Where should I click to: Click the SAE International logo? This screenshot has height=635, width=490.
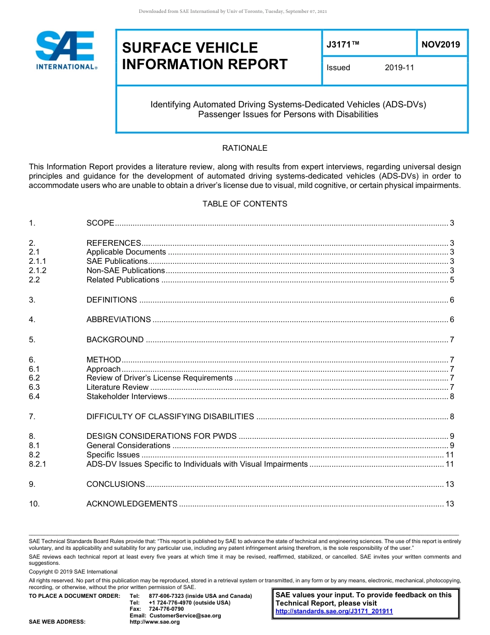pyautogui.click(x=66, y=51)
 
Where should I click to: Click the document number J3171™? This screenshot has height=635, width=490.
pyautogui.click(x=342, y=45)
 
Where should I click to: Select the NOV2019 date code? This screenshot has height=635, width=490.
pyautogui.click(x=440, y=45)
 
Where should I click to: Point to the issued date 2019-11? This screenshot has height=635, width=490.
pyautogui.click(x=399, y=68)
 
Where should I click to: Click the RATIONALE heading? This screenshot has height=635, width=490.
pyautogui.click(x=244, y=148)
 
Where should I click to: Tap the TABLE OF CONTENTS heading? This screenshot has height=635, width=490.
pyautogui.click(x=244, y=204)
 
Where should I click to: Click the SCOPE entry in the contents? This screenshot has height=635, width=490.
pyautogui.click(x=100, y=223)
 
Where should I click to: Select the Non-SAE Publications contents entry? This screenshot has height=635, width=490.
pyautogui.click(x=125, y=271)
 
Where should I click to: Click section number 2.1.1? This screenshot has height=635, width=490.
pyautogui.click(x=38, y=261)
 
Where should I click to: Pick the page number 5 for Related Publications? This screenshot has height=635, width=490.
pyautogui.click(x=452, y=280)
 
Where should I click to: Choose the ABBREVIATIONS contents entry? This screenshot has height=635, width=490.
pyautogui.click(x=119, y=320)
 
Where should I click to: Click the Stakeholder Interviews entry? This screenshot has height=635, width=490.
pyautogui.click(x=127, y=396)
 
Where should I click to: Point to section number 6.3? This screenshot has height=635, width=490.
pyautogui.click(x=35, y=387)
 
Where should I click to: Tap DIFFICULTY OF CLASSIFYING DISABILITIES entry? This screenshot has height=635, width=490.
pyautogui.click(x=170, y=417)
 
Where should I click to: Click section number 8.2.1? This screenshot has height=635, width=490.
pyautogui.click(x=38, y=464)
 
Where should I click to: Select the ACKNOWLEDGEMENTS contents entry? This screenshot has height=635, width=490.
pyautogui.click(x=132, y=504)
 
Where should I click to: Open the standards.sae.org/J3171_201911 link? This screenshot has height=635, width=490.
pyautogui.click(x=334, y=611)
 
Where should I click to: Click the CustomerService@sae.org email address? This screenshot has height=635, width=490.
pyautogui.click(x=185, y=615)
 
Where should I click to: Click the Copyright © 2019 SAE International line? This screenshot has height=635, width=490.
pyautogui.click(x=73, y=571)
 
